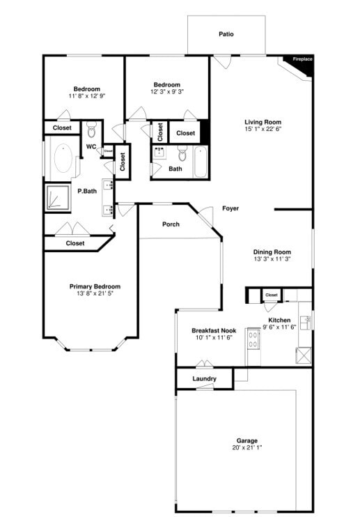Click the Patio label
click(x=226, y=33)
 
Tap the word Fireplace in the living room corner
click(x=302, y=59)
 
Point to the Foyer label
click(x=230, y=208)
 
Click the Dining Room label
click(x=272, y=252)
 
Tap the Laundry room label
click(x=203, y=379)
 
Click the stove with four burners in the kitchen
click(x=252, y=340)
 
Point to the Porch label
click(x=171, y=224)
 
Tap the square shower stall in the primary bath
click(x=58, y=197)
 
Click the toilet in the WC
click(x=92, y=130)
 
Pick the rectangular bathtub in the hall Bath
click(x=201, y=162)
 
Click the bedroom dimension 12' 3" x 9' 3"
click(x=167, y=92)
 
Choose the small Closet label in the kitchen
click(x=272, y=295)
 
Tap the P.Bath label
click(x=87, y=191)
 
